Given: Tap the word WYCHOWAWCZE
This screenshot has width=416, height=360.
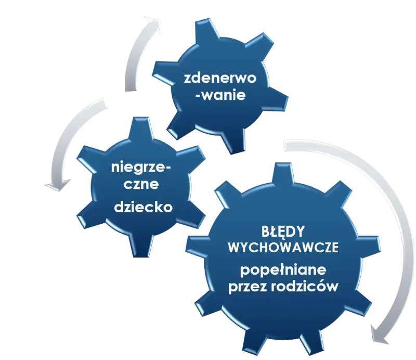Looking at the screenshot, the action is (283, 248).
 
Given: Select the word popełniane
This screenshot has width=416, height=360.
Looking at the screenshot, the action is (283, 271).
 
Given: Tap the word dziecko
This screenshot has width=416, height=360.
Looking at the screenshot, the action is (144, 207).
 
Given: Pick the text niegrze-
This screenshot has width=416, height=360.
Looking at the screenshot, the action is (141, 169).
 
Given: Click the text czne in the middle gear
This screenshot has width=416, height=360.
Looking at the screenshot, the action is (141, 184).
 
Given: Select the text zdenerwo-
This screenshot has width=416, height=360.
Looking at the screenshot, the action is (220, 79).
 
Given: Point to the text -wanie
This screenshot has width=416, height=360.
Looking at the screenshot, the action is (220, 95).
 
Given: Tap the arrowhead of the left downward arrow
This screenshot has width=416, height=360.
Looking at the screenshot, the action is (57, 185).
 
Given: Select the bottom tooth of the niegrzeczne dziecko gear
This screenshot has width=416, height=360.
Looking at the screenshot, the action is (141, 245).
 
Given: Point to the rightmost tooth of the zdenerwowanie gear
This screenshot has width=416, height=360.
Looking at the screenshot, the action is (278, 100).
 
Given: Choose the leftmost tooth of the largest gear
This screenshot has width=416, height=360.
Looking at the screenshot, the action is (197, 243).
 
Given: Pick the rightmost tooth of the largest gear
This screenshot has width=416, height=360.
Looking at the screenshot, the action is (370, 243).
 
